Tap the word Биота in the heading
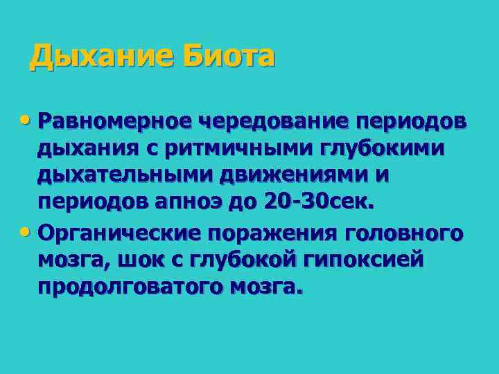[x=229, y=55]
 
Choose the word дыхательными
[x=125, y=175]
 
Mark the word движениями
[x=295, y=175]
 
